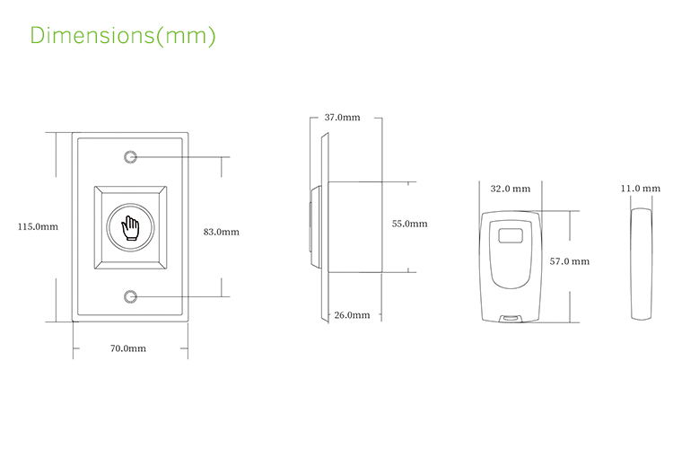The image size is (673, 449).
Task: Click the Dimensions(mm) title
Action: click(123, 36)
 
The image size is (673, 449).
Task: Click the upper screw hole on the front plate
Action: click(131, 157)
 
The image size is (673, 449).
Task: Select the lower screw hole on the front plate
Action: click(131, 296)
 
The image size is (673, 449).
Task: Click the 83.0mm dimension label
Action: click(221, 232)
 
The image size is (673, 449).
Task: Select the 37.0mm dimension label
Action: click(342, 118)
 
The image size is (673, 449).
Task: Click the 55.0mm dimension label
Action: click(409, 224)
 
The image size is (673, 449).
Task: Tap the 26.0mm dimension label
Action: click(352, 315)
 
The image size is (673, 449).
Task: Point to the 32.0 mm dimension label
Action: click(511, 189)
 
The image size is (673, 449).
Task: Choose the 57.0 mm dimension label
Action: click(569, 261)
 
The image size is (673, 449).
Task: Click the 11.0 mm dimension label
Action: click(640, 189)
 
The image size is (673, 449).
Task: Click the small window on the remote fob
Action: click(510, 238)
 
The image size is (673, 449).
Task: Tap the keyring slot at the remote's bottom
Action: click(510, 316)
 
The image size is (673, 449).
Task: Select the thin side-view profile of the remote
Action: click(639, 264)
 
